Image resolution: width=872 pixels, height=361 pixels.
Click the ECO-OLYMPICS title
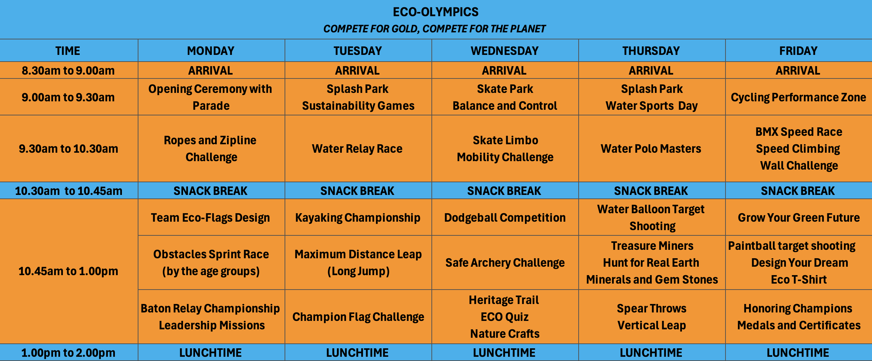(x=436, y=12)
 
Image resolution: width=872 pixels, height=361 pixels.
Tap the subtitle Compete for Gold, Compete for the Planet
(x=435, y=29)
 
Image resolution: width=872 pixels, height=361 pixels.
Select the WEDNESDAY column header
(x=505, y=51)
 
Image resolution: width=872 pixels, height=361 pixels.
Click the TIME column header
(x=68, y=51)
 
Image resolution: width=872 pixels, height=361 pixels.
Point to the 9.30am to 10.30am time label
(x=69, y=148)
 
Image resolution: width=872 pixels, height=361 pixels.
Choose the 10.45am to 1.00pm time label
(x=68, y=271)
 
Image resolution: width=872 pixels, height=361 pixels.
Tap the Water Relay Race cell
(x=357, y=148)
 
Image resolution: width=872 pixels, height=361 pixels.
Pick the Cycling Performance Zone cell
(x=799, y=97)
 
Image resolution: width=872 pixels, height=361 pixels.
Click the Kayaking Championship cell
(x=358, y=218)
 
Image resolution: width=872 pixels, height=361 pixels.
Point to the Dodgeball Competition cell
(x=505, y=218)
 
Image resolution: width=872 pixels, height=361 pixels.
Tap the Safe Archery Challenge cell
(x=505, y=263)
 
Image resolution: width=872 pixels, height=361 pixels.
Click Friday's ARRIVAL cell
(x=798, y=70)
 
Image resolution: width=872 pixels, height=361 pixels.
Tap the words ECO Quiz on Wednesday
(x=505, y=317)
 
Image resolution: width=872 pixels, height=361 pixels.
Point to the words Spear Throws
(x=652, y=309)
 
